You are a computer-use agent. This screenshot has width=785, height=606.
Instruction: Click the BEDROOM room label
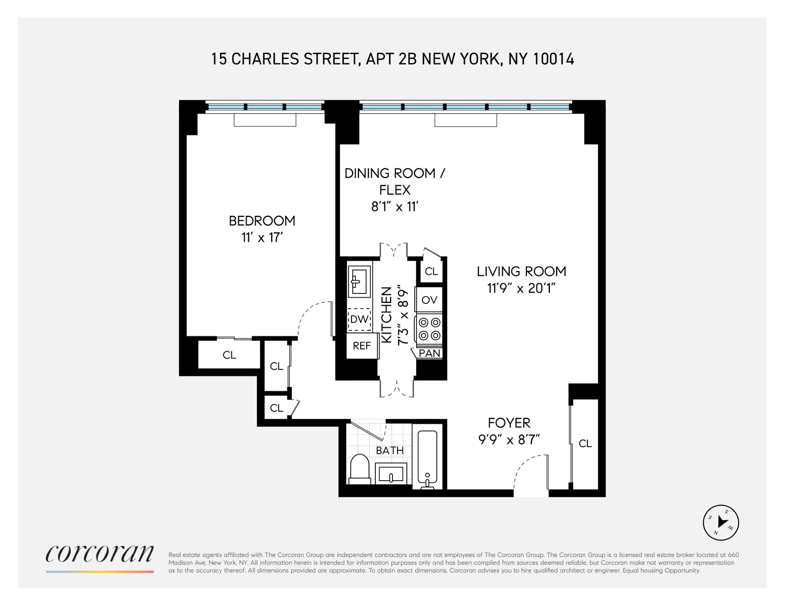coord(262,221)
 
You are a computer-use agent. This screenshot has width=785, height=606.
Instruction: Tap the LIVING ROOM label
coord(521,271)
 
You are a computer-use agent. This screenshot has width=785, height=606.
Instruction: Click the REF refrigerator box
coord(361,346)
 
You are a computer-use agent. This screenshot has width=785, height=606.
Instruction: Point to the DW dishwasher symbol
coord(359,319)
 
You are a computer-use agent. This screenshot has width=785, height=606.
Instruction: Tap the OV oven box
coord(429,300)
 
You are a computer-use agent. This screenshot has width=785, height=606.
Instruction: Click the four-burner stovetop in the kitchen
coord(429,329)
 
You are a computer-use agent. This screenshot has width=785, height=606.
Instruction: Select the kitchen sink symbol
coord(359,281)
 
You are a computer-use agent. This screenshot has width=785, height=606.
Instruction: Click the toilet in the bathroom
coord(360,470)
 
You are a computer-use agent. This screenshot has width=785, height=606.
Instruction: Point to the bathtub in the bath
coord(427,457)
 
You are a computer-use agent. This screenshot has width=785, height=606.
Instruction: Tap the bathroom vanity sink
coord(391,474)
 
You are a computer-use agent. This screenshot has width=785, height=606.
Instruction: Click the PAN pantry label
coord(429,353)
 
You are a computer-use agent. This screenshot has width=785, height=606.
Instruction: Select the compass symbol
coord(720,523)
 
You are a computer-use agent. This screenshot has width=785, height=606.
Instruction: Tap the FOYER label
coord(509,423)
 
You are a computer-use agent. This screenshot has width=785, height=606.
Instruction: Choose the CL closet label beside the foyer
coord(585,443)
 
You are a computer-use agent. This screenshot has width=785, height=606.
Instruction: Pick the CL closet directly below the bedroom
coord(229,355)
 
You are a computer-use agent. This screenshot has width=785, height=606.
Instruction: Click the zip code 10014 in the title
coord(554,59)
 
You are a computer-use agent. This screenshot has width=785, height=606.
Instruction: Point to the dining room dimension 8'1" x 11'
coord(395,207)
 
